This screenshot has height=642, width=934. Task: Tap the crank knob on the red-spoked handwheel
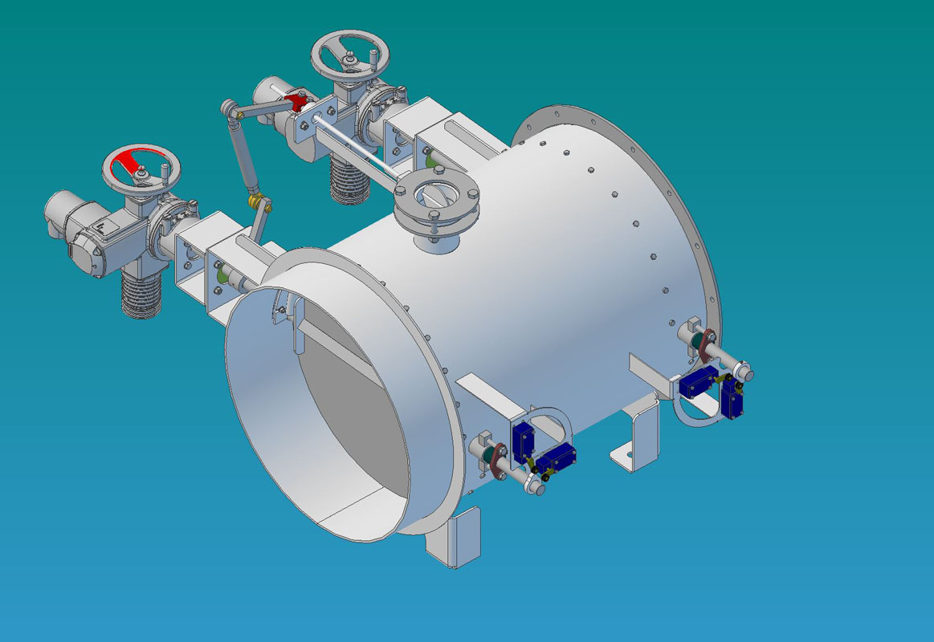click(166, 169)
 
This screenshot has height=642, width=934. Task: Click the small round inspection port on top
click(436, 197)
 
